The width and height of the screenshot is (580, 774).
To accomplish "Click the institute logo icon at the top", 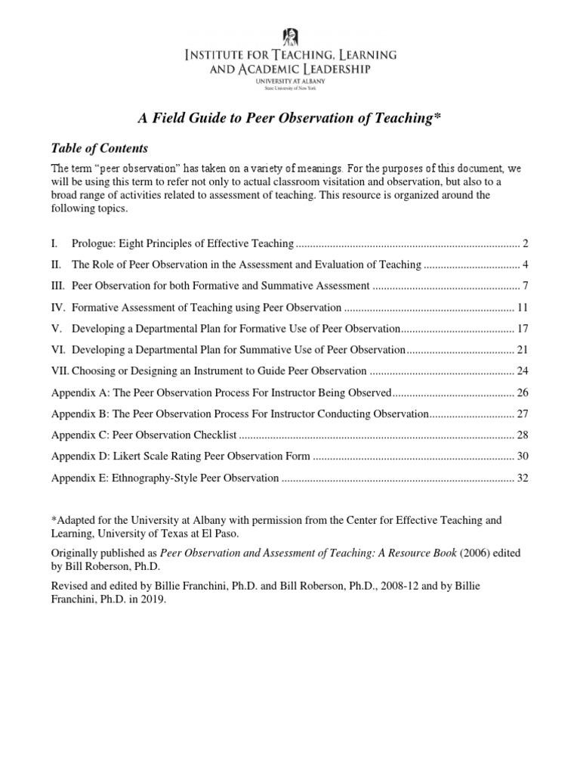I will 290,35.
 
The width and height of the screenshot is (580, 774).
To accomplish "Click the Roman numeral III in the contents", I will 58,286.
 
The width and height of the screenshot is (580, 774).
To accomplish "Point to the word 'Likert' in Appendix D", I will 129,457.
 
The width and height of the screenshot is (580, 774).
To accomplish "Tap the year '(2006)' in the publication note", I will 477,553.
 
